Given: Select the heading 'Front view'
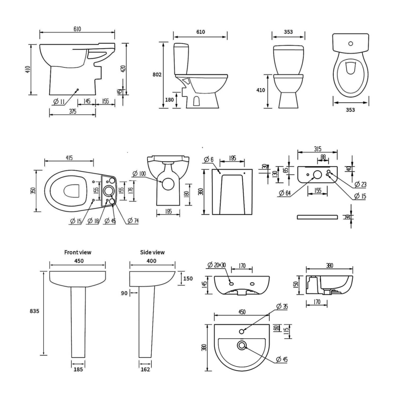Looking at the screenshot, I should click(78, 252).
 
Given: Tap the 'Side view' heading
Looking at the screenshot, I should click(151, 252).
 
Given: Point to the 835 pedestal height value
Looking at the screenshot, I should click(34, 310).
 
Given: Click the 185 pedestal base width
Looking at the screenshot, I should click(78, 370).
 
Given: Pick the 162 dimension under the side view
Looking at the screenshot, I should click(145, 370).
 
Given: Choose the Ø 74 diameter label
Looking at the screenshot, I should click(133, 221).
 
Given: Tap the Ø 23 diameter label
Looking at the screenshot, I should click(361, 185).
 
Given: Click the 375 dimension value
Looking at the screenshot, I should click(73, 112).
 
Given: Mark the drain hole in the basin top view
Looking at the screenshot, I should click(242, 345).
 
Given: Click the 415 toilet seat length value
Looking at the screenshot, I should click(69, 158).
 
